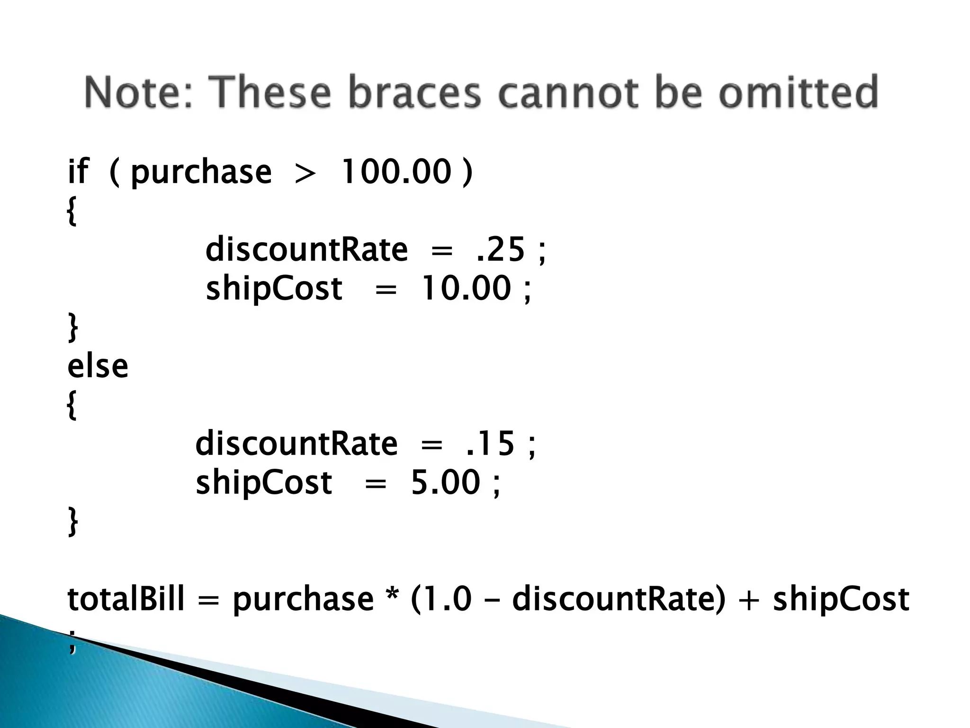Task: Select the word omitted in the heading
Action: click(x=799, y=92)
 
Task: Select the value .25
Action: click(x=501, y=249)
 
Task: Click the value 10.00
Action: click(x=466, y=288)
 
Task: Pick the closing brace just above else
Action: click(x=72, y=327)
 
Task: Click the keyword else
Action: click(x=98, y=366)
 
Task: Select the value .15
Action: click(x=490, y=444)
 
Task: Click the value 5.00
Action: click(x=446, y=482)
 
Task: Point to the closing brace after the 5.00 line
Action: click(x=72, y=521)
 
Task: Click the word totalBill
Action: click(x=126, y=599)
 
